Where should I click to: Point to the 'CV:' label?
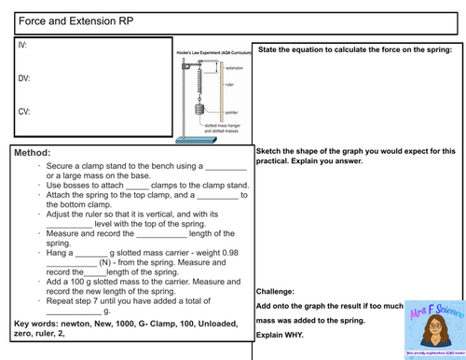point(25,111)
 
